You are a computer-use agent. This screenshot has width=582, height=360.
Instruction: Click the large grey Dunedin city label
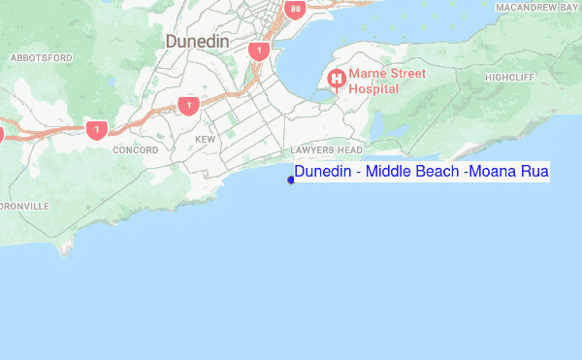197,42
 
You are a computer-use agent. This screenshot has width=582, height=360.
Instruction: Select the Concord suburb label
136,150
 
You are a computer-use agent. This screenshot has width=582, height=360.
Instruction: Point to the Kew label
205,140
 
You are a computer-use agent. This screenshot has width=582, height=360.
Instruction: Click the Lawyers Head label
326,150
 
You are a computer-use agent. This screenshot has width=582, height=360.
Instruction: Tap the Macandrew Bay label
537,7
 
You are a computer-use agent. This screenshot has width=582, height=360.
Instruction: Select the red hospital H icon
337,79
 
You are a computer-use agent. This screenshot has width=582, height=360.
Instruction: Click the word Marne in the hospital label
370,73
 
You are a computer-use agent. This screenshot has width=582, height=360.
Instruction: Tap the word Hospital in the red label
374,87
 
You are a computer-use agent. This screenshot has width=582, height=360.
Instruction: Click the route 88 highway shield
296,10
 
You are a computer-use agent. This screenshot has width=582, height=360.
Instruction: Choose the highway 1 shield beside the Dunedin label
258,49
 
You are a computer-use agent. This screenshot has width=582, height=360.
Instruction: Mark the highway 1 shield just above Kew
188,105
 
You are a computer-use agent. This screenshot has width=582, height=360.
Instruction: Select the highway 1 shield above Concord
95,128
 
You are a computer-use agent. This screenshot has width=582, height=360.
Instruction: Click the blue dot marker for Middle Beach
291,179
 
